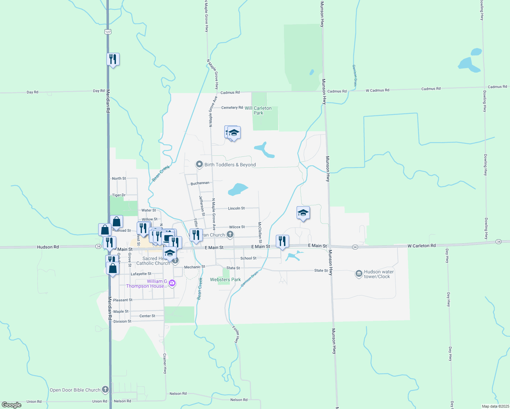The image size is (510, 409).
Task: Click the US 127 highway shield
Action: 108,32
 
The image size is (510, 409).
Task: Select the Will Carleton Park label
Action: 258,110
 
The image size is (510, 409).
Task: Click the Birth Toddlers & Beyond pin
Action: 199,165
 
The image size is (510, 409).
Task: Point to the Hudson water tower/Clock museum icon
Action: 359,274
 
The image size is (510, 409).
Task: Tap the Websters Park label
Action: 225,279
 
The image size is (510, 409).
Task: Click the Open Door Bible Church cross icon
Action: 105,389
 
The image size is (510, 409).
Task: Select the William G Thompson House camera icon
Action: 172,283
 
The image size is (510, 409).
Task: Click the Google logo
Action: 11,405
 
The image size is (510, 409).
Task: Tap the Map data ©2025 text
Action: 495,406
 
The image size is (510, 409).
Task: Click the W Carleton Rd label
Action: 421,246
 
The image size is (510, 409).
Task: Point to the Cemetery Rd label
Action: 232,107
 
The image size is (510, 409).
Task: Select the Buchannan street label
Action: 200,183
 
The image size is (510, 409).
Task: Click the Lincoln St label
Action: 236,208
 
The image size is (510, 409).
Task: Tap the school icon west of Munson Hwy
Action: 303,213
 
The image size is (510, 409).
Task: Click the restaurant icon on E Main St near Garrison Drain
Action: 282,241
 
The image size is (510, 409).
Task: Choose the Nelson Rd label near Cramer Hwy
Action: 178,394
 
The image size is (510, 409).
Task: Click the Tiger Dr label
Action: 119,195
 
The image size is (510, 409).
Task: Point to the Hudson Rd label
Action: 48,247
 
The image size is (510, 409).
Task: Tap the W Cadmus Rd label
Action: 377,90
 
